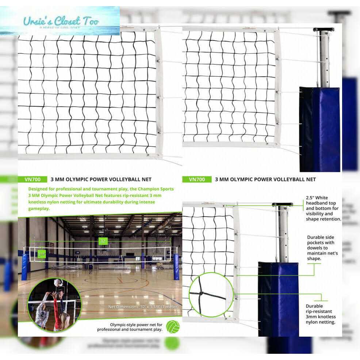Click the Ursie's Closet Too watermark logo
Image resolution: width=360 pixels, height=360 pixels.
tap(60, 21)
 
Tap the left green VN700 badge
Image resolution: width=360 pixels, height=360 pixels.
tap(32, 179)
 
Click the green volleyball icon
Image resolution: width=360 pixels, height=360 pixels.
tap(172, 326)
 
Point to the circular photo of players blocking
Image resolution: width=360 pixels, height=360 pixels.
tap(55, 304)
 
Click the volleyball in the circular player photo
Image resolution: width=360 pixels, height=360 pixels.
tap(57, 282)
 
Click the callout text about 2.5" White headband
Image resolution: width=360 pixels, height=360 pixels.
tap(323, 208)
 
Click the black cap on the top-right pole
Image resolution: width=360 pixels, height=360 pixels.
tap(323, 30)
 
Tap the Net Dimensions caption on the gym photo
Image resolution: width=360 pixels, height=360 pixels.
tap(143, 307)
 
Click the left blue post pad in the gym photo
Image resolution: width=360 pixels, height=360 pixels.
tap(25, 266)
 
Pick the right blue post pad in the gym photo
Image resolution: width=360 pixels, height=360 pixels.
tap(176, 267)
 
